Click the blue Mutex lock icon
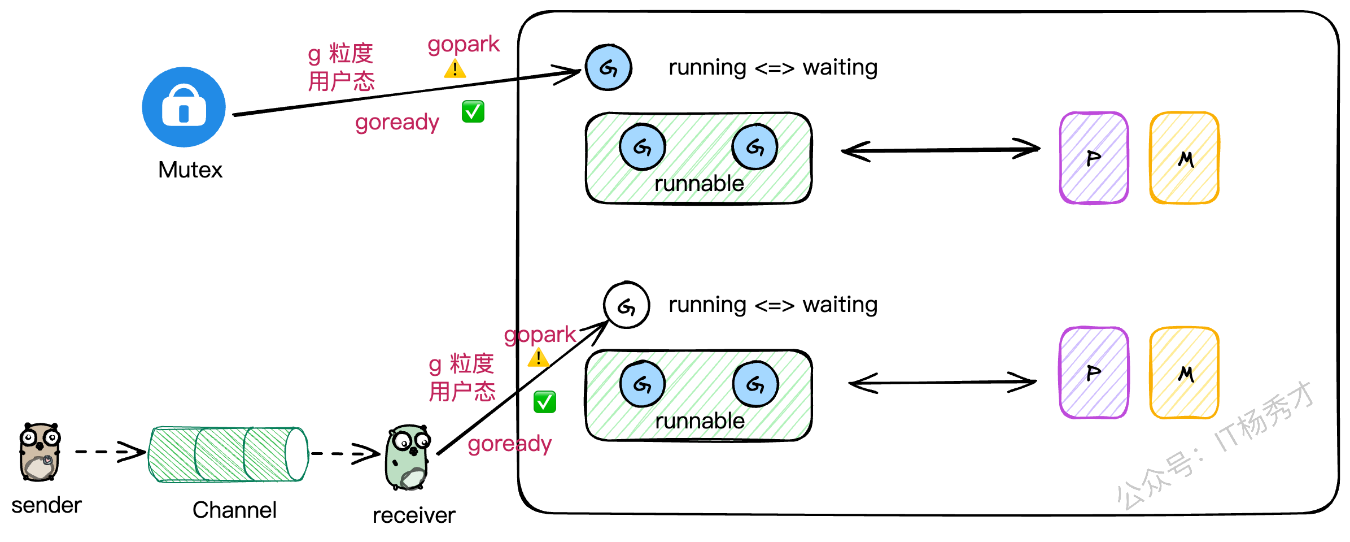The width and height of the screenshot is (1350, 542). (184, 107)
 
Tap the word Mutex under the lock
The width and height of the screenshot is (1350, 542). (190, 170)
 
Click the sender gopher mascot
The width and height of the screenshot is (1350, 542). (40, 452)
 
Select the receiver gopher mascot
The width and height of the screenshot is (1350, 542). (408, 457)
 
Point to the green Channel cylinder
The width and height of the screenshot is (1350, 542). (228, 454)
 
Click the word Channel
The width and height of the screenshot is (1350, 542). (234, 510)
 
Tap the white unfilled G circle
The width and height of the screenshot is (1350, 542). (626, 305)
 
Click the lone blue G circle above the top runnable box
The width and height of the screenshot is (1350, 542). (608, 68)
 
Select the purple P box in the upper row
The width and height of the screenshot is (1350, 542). (1094, 158)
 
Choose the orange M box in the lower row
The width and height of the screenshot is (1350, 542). (1184, 373)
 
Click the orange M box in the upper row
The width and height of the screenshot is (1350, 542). (1184, 158)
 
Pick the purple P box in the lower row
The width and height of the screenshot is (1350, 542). (1094, 373)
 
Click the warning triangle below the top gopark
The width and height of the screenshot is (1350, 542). (455, 70)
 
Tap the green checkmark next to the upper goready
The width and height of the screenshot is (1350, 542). (473, 111)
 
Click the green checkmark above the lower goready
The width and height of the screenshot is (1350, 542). (544, 402)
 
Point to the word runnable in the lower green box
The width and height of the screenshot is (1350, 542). (700, 421)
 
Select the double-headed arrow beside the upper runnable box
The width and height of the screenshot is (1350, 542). (940, 150)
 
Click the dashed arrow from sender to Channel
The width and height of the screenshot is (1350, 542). (110, 452)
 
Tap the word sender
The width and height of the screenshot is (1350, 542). (46, 505)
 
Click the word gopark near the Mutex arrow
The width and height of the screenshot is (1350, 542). (464, 45)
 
